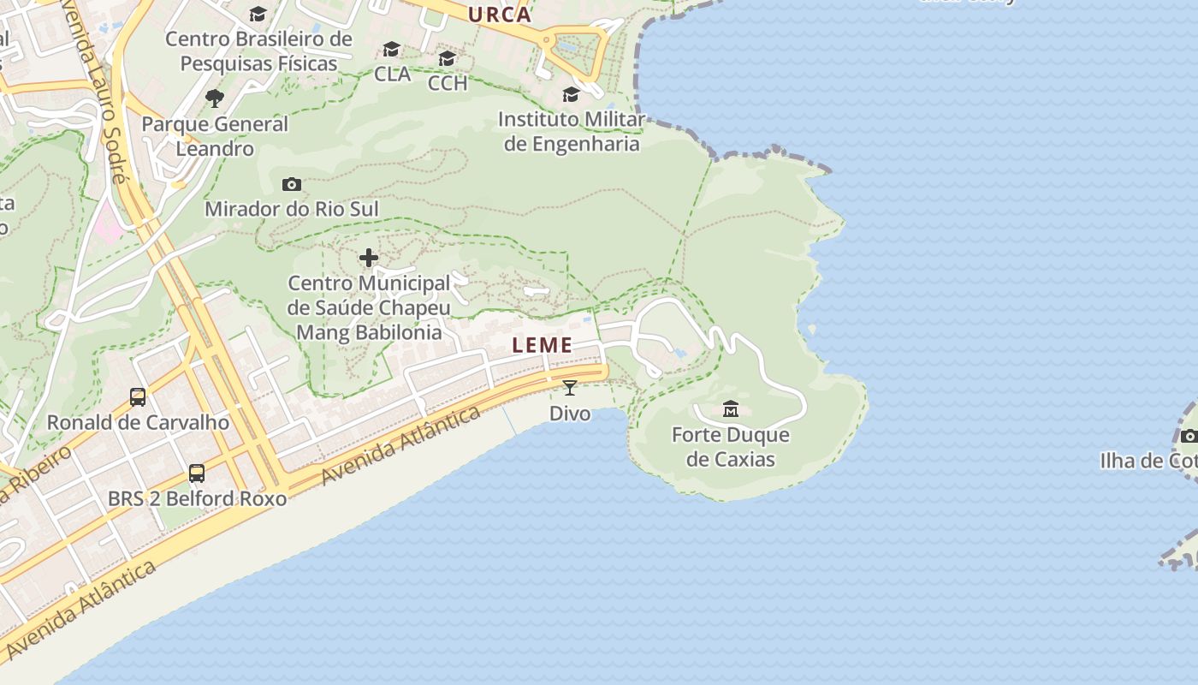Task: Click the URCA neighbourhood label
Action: pyautogui.click(x=500, y=15)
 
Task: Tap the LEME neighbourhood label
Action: pyautogui.click(x=543, y=345)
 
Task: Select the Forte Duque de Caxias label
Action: pyautogui.click(x=730, y=447)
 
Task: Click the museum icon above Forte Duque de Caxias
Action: pyautogui.click(x=730, y=408)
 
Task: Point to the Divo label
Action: pyautogui.click(x=570, y=414)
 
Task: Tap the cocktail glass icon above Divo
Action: pyautogui.click(x=570, y=388)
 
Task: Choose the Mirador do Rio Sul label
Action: pyautogui.click(x=291, y=209)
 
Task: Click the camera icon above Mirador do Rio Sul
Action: pyautogui.click(x=291, y=184)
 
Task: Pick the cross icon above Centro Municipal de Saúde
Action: pyautogui.click(x=369, y=258)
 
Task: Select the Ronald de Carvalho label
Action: pyautogui.click(x=138, y=422)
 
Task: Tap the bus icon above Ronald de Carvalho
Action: pyautogui.click(x=138, y=396)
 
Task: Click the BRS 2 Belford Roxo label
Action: pyautogui.click(x=197, y=498)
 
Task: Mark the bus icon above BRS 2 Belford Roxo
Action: pyautogui.click(x=197, y=473)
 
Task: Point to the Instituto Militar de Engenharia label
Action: pyautogui.click(x=572, y=131)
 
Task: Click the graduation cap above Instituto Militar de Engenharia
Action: pyautogui.click(x=571, y=94)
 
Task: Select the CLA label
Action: pyautogui.click(x=392, y=74)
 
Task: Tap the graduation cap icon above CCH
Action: pyautogui.click(x=447, y=58)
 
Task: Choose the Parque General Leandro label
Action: pyautogui.click(x=215, y=136)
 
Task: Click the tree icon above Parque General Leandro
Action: pyautogui.click(x=215, y=98)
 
